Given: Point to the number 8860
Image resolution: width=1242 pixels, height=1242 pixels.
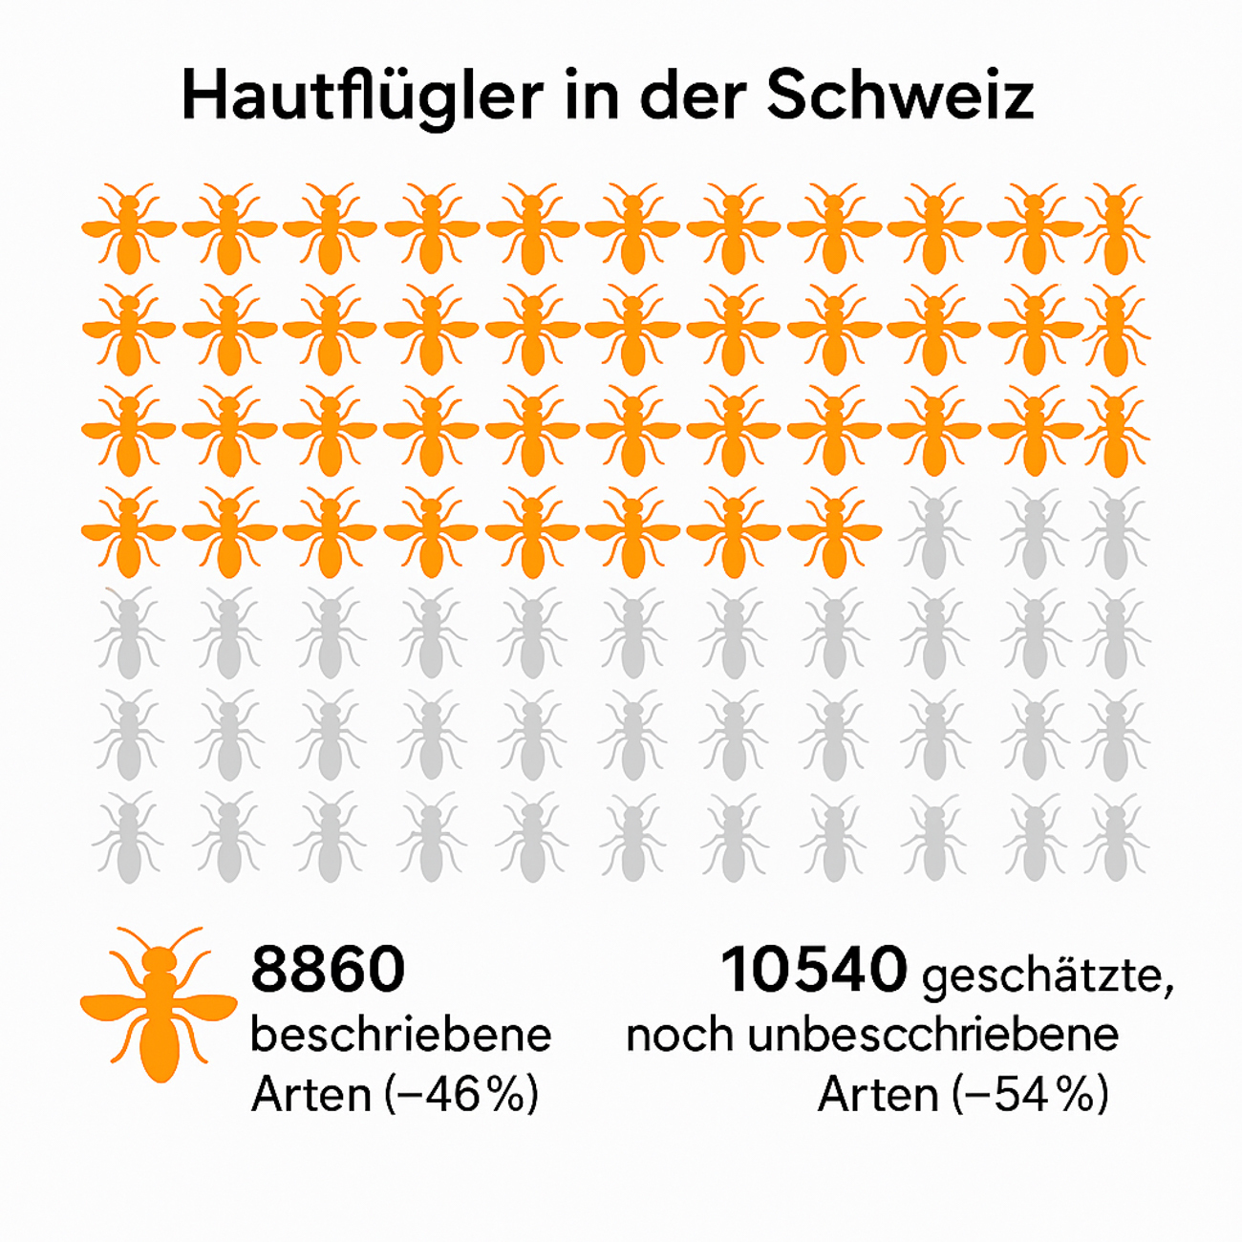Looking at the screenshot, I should (328, 970).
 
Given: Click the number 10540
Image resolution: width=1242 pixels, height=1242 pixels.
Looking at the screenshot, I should (813, 970).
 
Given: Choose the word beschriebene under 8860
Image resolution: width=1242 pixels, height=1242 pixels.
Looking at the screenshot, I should (400, 1035).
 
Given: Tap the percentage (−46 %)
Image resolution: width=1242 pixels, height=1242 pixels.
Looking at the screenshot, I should (461, 1095).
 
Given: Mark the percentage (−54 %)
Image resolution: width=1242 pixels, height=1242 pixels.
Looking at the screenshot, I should (1031, 1095).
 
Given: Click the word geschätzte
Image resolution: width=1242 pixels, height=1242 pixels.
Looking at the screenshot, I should (1047, 977).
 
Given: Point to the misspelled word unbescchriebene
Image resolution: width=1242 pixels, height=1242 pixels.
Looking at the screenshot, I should (932, 1036).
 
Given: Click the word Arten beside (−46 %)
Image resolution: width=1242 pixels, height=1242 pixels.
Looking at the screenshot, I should (310, 1095).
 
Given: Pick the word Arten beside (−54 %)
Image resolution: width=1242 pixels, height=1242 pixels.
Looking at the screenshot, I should (878, 1095).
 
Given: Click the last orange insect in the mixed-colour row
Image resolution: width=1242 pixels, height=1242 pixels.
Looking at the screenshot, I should (834, 533).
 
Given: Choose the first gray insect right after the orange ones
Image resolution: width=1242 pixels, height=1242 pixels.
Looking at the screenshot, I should (934, 533).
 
